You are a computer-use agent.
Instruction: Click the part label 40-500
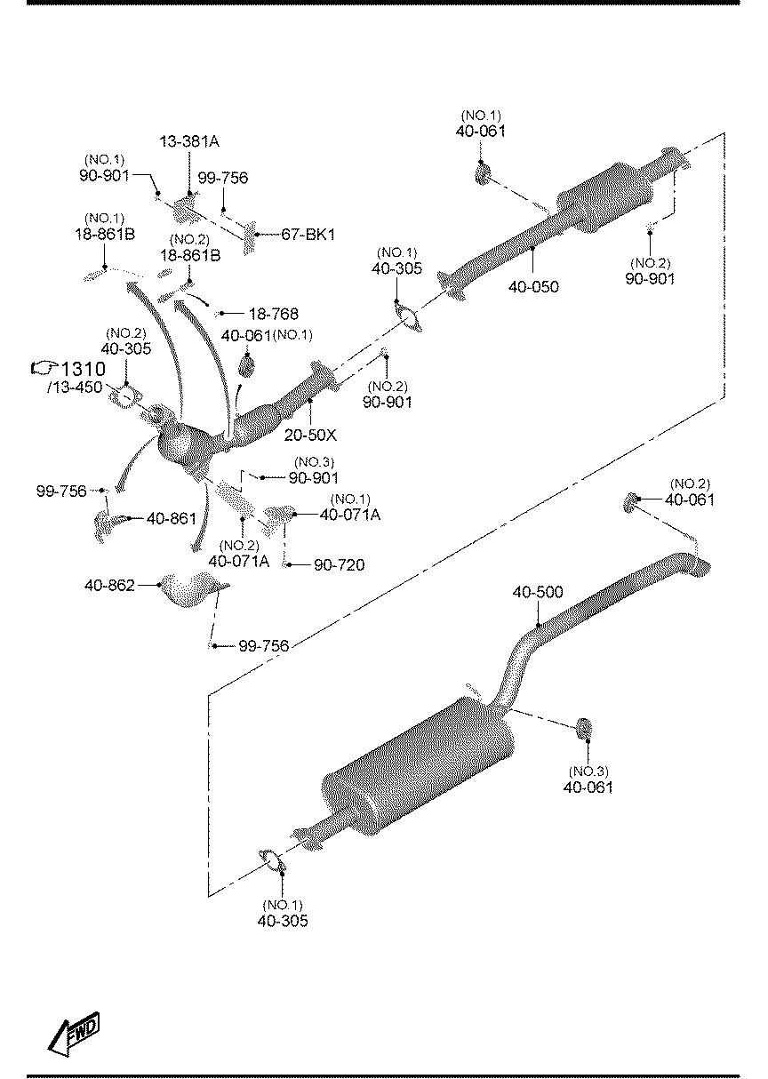538,592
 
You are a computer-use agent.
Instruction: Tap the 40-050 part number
533,286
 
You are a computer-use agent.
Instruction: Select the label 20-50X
310,435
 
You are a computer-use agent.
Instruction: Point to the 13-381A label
189,141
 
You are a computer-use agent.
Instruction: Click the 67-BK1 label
308,235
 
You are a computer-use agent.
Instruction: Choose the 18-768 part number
274,314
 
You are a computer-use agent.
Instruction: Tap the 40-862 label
109,585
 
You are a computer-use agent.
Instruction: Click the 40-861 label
172,518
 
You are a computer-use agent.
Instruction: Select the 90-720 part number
340,564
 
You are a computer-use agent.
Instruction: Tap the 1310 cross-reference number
84,369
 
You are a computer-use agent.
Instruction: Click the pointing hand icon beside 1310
44,369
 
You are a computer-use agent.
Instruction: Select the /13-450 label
76,387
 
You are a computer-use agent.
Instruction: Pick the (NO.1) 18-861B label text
105,227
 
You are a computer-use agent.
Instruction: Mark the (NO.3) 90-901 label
314,470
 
